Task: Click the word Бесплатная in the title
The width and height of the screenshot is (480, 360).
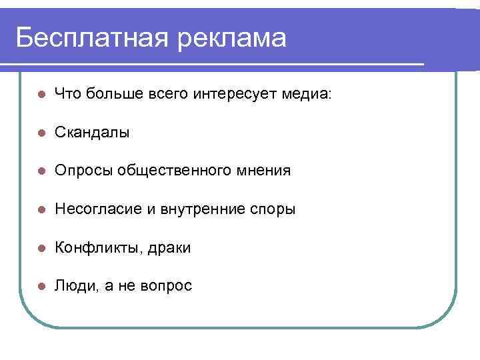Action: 90,37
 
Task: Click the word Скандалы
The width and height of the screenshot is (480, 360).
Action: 92,133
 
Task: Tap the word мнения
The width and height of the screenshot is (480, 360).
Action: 263,171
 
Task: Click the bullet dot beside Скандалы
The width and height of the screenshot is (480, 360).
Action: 41,133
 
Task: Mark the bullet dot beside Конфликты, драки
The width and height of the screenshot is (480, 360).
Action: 41,248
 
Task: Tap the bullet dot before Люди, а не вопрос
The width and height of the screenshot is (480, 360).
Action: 41,286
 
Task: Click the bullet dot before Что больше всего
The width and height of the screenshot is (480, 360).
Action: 41,94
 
